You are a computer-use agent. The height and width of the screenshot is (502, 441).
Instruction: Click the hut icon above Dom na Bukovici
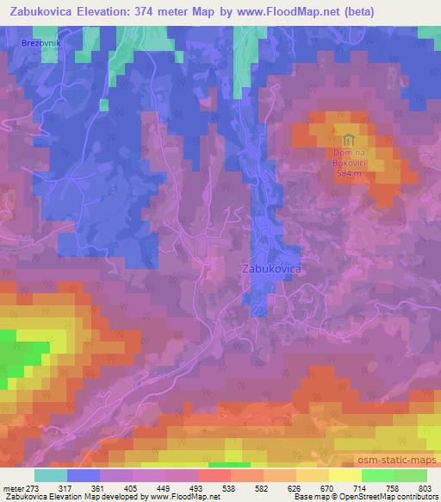click(x=348, y=140)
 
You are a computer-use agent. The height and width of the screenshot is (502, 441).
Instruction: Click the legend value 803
click(x=425, y=488)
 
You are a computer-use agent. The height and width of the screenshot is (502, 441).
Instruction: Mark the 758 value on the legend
click(x=393, y=488)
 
